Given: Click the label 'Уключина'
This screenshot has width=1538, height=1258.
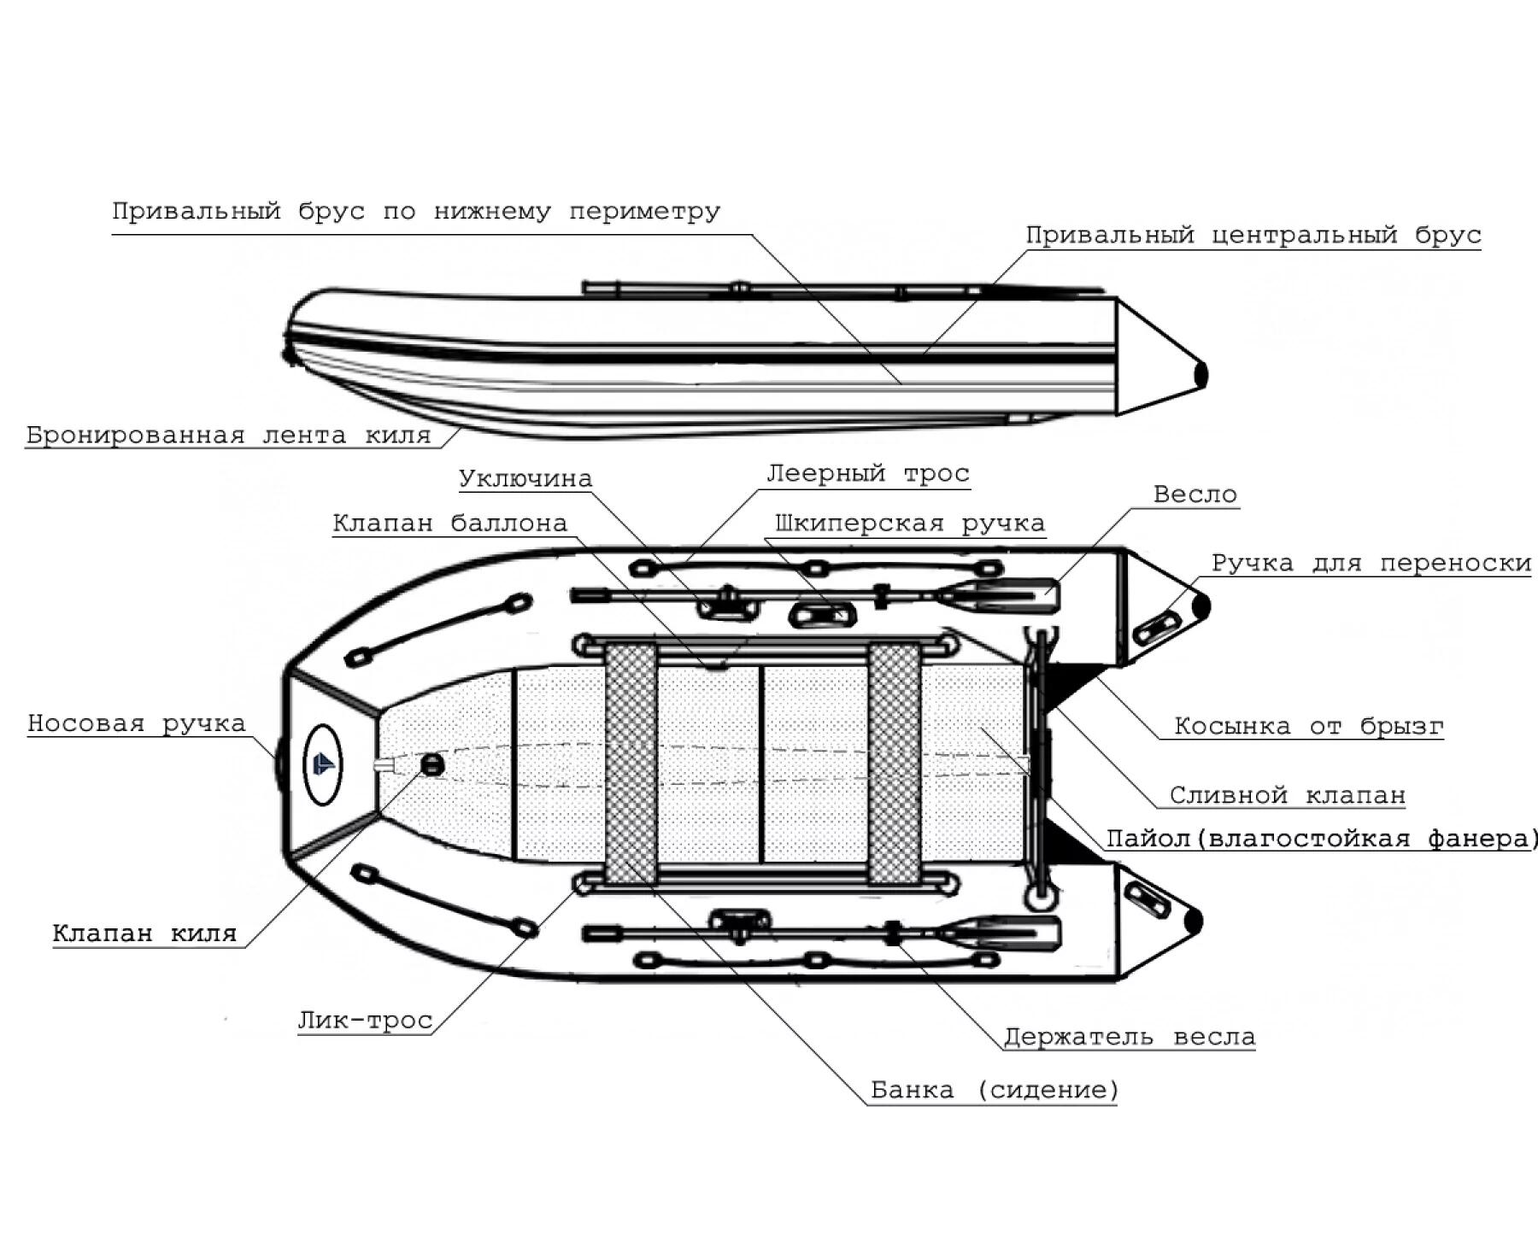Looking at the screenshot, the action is (525, 478).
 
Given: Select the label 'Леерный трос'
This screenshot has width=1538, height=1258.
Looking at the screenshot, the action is (868, 473).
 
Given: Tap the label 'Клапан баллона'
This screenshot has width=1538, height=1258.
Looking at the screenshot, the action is (450, 523).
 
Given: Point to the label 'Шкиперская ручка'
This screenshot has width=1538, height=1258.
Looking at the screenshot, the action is (910, 523).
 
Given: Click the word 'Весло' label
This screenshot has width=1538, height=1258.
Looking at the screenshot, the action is (1195, 494).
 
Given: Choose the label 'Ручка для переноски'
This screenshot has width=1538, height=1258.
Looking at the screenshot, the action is (1371, 564).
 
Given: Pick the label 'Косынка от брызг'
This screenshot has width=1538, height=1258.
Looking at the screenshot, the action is (1309, 727).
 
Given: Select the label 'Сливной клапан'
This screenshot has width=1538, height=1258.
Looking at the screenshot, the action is (1288, 796).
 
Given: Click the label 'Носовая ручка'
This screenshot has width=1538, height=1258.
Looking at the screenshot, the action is (137, 723).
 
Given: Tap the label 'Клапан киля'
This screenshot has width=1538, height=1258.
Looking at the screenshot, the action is (144, 933).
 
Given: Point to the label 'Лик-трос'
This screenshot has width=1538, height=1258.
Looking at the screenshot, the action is (365, 1021).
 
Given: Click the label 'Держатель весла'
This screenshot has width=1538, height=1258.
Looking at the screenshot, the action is (1130, 1038).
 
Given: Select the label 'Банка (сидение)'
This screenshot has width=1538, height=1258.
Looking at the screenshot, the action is (995, 1091).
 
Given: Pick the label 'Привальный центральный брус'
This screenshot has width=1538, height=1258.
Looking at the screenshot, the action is (1253, 235).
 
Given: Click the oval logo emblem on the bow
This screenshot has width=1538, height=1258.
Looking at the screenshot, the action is (323, 764).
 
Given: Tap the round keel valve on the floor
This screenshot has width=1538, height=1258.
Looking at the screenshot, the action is (433, 764).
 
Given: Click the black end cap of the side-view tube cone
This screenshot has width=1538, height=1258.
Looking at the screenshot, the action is (1201, 374).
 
